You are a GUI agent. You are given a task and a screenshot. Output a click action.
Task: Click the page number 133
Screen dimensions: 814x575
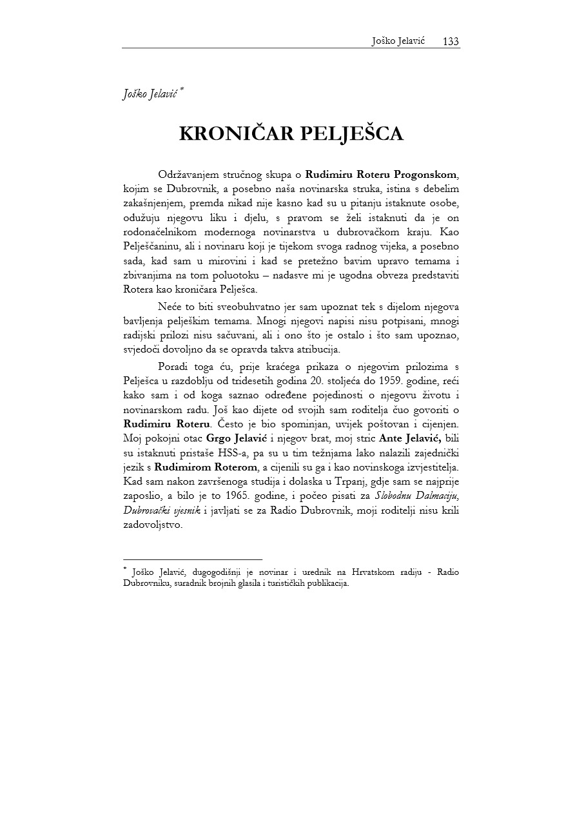pyautogui.click(x=451, y=41)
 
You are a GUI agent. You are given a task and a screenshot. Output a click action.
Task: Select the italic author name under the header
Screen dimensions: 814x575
pyautogui.click(x=151, y=94)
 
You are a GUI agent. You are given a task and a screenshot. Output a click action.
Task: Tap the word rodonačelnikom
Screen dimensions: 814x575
pyautogui.click(x=164, y=231)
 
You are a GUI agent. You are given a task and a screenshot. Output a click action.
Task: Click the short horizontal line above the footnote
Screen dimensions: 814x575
pyautogui.click(x=192, y=559)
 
